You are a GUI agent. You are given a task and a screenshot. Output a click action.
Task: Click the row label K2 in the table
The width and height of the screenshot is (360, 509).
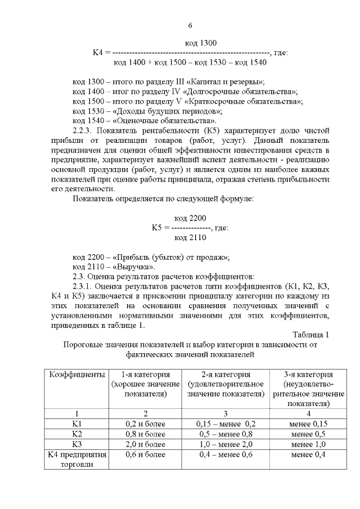pos(77,434)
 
